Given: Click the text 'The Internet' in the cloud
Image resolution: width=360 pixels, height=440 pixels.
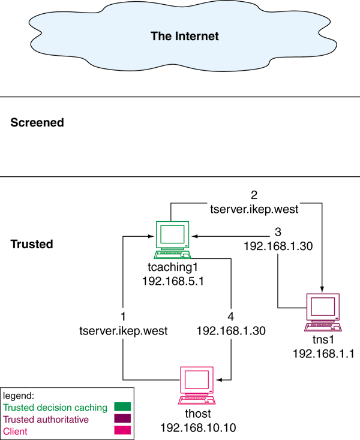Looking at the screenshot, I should [x=184, y=36].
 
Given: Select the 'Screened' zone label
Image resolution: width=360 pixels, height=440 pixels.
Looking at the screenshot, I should [x=37, y=123].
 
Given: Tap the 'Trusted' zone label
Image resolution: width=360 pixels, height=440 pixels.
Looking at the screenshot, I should [x=32, y=245].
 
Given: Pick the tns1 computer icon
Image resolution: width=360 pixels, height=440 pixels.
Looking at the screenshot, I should [x=323, y=312].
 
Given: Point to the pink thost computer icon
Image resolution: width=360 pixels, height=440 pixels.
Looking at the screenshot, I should [x=197, y=385].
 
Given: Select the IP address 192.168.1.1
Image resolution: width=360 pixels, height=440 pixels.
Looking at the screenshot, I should [x=323, y=354].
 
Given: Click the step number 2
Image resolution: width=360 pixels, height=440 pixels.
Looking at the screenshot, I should [x=254, y=196].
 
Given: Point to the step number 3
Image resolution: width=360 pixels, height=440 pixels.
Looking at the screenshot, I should [x=277, y=232].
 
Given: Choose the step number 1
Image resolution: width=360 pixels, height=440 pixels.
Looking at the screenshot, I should [x=122, y=317].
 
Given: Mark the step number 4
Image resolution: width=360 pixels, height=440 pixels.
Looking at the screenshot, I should [x=231, y=317].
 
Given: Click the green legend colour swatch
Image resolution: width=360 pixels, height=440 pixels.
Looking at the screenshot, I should [x=122, y=408].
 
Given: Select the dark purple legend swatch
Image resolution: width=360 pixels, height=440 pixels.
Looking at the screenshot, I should [x=122, y=420].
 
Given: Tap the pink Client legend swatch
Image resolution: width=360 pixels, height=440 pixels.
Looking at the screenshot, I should [x=122, y=431].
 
